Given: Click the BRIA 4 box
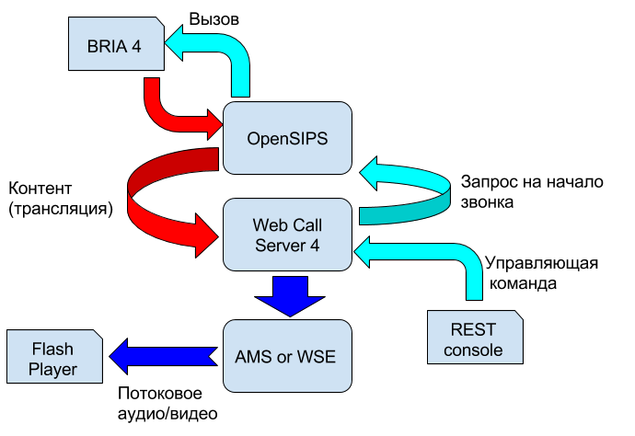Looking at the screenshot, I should tap(116, 44).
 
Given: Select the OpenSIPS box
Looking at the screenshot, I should tap(287, 139).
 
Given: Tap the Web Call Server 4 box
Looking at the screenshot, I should tap(287, 235).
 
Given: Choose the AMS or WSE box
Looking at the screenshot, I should tap(287, 356).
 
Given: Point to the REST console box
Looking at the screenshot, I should tap(475, 339).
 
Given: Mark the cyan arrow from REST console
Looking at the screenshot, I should tap(442, 253).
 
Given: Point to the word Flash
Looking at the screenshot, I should tap(52, 350).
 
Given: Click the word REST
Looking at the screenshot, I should tap(474, 329).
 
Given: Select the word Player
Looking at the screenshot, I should tap(52, 370).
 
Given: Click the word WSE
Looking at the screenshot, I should tap(317, 356).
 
